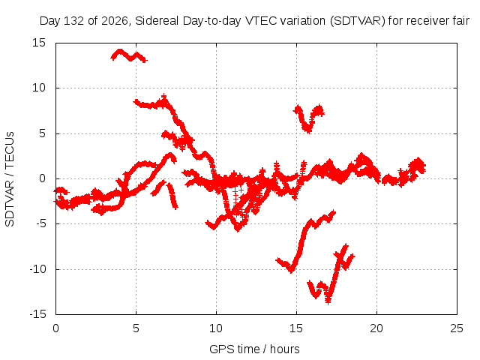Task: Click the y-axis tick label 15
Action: [x=39, y=43]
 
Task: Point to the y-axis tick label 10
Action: [x=39, y=88]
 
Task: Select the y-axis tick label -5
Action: [x=40, y=223]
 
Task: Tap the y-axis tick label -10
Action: [x=37, y=269]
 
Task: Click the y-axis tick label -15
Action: [x=37, y=314]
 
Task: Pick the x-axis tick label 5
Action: [x=136, y=328]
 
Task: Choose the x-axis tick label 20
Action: [x=376, y=328]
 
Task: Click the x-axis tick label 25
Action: [x=457, y=328]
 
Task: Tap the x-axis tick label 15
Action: [x=296, y=328]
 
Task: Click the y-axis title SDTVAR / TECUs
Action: [x=10, y=179]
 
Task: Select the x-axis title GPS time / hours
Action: [x=254, y=349]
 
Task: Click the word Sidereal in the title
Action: [x=157, y=21]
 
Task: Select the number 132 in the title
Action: [x=74, y=21]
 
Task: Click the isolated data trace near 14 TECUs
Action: [x=128, y=55]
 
